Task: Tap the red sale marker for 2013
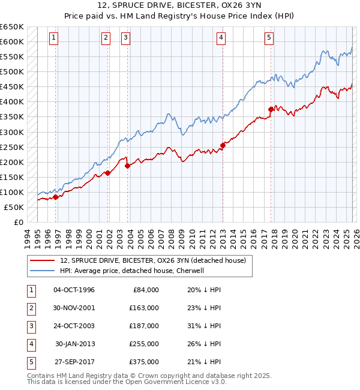click(x=223, y=145)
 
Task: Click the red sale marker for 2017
click(x=271, y=109)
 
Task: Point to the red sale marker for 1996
click(x=56, y=196)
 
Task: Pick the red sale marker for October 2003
click(x=128, y=166)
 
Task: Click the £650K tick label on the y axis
click(x=12, y=27)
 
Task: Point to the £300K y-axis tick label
click(x=12, y=132)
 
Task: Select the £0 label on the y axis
click(x=18, y=222)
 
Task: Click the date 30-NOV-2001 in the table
click(x=74, y=308)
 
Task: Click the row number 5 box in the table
click(x=30, y=362)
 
